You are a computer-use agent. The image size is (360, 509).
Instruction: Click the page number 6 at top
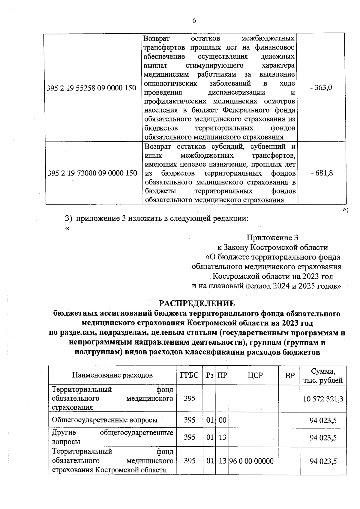[x=194, y=20]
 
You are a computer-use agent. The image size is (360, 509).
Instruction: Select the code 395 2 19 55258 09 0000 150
[x=92, y=88]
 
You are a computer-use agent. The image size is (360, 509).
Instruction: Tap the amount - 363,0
[x=321, y=88]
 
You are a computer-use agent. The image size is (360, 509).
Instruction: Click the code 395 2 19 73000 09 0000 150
[x=92, y=173]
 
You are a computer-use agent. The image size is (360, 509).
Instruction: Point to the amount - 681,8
[x=322, y=173]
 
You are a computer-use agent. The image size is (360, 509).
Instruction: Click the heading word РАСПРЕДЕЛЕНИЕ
[x=197, y=303]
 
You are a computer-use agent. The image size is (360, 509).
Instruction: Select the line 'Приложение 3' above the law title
[x=272, y=238]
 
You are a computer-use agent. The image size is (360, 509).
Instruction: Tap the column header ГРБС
[x=189, y=375]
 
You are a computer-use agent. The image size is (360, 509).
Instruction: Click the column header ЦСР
[x=255, y=375]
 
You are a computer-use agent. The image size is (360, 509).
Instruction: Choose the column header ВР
[x=290, y=375]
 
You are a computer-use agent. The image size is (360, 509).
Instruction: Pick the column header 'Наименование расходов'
[x=112, y=375]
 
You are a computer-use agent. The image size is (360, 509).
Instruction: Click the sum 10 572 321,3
[x=323, y=399]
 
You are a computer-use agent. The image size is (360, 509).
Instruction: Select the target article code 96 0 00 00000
[x=251, y=461]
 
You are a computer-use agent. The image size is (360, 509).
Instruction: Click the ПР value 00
[x=222, y=420]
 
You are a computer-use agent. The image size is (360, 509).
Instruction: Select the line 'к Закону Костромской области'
[x=272, y=247]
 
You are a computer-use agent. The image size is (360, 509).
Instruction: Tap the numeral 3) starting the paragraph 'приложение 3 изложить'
[x=69, y=218]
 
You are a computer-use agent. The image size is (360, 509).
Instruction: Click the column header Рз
[x=210, y=375]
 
